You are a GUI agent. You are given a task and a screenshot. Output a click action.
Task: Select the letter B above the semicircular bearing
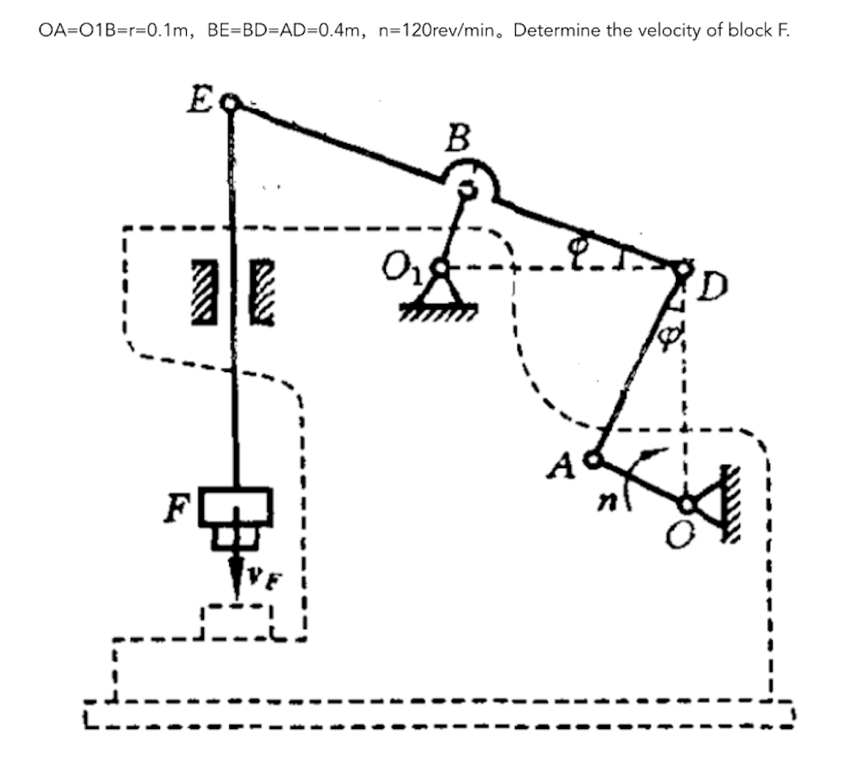click(x=457, y=139)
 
